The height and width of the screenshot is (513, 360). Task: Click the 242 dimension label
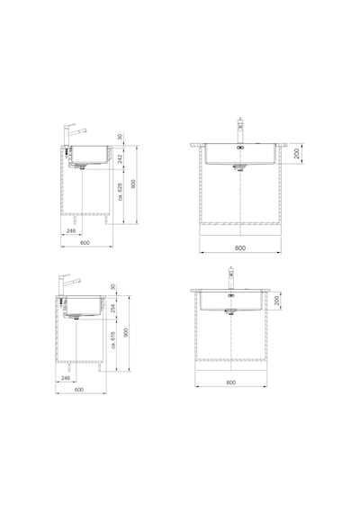(x=120, y=158)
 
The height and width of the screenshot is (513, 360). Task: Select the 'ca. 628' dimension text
(x=120, y=192)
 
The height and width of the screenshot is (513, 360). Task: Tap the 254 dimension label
(x=112, y=308)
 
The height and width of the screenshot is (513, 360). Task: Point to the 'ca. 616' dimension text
(x=112, y=340)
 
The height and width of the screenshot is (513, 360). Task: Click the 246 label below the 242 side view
(x=71, y=231)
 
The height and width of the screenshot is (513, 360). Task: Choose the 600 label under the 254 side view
(x=79, y=390)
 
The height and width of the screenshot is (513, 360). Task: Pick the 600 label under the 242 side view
(x=85, y=243)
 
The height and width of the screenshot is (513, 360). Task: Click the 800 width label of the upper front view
(x=240, y=248)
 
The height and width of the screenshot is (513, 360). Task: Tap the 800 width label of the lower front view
(x=231, y=382)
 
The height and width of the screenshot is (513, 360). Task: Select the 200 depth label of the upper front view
(x=296, y=153)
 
